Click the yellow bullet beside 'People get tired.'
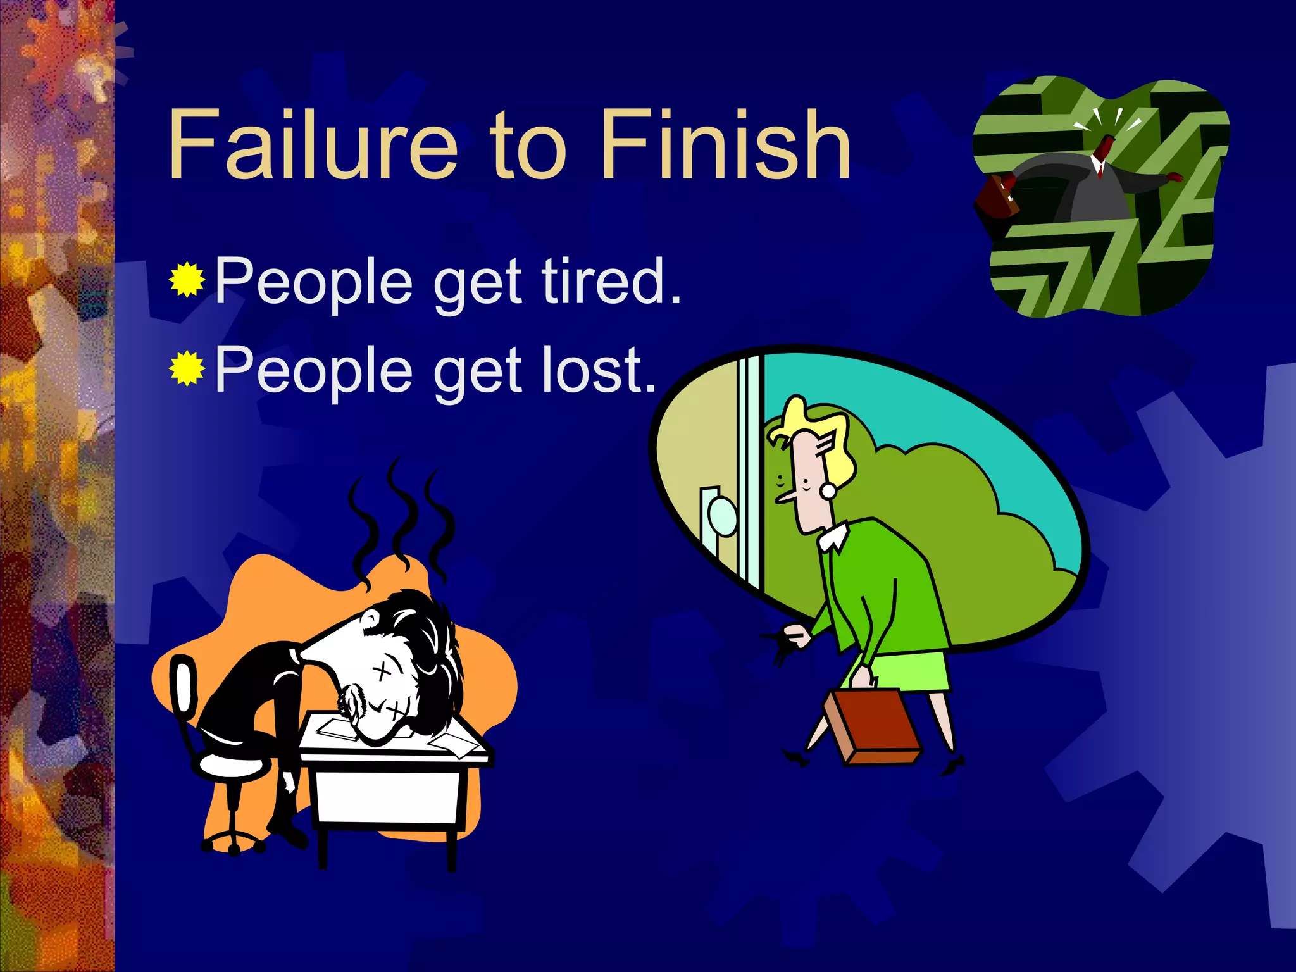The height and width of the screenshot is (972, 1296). tap(187, 279)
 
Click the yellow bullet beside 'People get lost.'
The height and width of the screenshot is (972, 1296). tap(187, 368)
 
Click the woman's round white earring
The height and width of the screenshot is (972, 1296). tap(828, 490)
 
